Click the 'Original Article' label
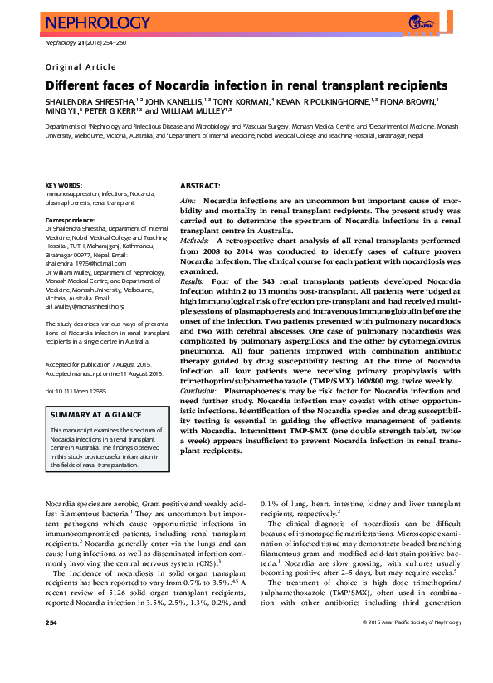(x=81, y=67)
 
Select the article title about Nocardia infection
(x=247, y=85)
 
